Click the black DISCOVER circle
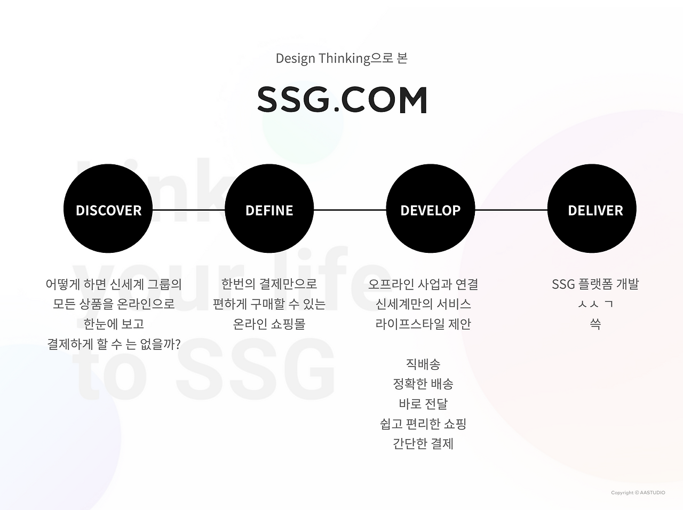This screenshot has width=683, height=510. [x=108, y=209]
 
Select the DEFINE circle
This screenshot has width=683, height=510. [x=269, y=209]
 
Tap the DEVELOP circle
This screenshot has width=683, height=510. [x=430, y=209]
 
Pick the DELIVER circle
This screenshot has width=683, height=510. [x=592, y=209]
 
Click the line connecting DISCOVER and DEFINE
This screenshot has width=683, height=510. [x=188, y=210]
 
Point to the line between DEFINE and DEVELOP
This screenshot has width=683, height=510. [x=350, y=210]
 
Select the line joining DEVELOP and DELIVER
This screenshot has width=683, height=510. [x=511, y=210]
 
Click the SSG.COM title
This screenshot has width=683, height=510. [x=342, y=99]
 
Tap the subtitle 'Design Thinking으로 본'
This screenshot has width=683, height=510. [x=341, y=59]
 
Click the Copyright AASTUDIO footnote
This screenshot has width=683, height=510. [x=638, y=492]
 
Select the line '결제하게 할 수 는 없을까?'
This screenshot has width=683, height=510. [x=114, y=344]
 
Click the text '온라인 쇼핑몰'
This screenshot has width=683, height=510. [x=269, y=324]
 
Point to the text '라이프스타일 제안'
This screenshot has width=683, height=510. [x=423, y=324]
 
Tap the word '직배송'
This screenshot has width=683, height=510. [x=423, y=364]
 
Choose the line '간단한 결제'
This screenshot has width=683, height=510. [x=423, y=444]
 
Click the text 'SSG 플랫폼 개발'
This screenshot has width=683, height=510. [x=595, y=284]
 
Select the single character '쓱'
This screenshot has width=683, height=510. [x=595, y=324]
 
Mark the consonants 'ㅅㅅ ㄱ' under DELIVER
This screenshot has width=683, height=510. [x=595, y=304]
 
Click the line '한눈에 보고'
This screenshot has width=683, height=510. [x=114, y=324]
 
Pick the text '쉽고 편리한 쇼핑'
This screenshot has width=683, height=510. [x=423, y=424]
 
